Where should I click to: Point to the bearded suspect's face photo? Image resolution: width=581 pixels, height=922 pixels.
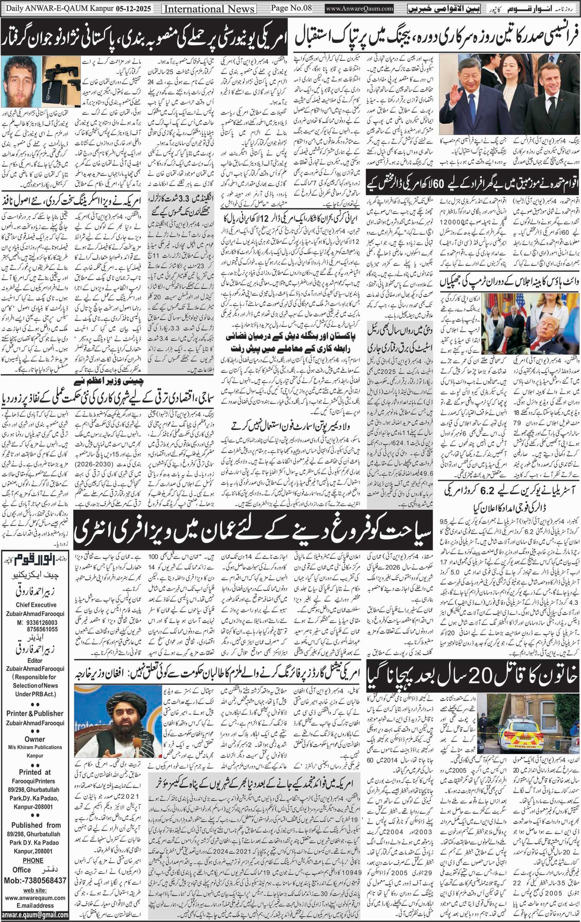click(x=19, y=81)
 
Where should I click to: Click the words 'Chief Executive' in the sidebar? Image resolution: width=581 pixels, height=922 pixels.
click(x=36, y=605)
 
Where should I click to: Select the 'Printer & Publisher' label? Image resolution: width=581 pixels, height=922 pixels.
click(x=35, y=713)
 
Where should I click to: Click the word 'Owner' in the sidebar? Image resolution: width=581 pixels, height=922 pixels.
click(x=35, y=739)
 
